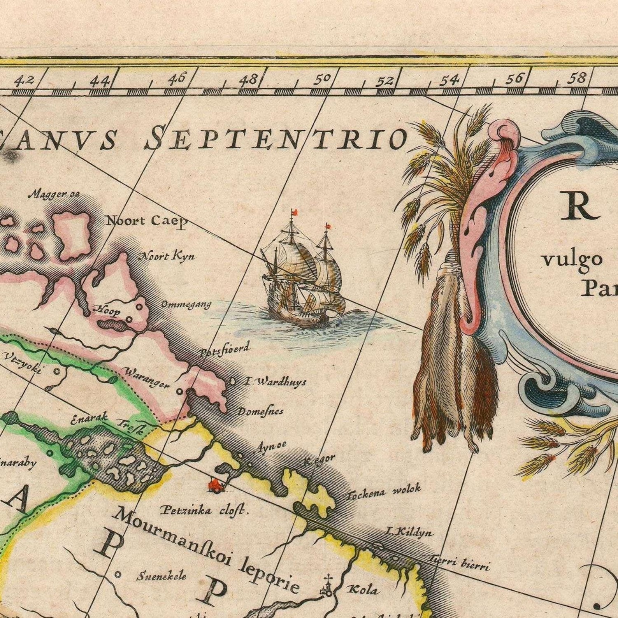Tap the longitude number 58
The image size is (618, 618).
[576, 78]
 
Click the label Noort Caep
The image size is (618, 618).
[147, 221]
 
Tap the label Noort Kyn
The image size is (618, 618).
[167, 256]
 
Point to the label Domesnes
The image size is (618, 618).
[260, 411]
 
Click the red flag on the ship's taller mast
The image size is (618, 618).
[295, 212]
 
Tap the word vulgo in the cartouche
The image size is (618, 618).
[571, 259]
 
